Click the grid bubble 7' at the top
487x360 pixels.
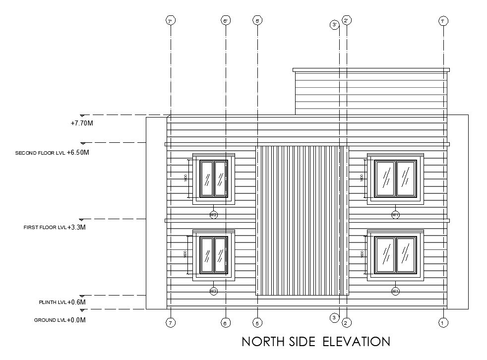[x=171, y=21]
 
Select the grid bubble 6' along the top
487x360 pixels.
[x=226, y=21]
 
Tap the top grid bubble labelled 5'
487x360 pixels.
[x=257, y=21]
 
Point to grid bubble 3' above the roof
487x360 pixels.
[x=335, y=24]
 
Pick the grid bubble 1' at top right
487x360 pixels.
[x=443, y=21]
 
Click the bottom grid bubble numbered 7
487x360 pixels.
[x=171, y=323]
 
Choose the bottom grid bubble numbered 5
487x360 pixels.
[x=257, y=323]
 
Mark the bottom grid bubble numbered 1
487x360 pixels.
[x=443, y=323]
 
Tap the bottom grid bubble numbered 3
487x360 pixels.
[x=335, y=317]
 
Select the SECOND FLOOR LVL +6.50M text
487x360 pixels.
[x=52, y=153]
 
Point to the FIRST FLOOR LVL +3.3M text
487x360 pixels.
[x=55, y=228]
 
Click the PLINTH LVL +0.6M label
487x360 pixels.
[x=62, y=302]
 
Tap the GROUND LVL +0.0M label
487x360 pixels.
[x=60, y=320]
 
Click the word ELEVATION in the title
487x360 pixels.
[x=357, y=342]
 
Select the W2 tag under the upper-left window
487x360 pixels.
[x=214, y=215]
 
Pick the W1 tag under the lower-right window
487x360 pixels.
[x=395, y=291]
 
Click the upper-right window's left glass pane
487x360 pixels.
[x=385, y=179]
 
